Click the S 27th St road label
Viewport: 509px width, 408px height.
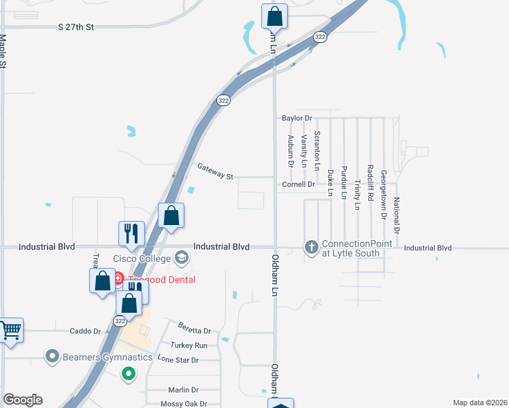[x=75, y=27]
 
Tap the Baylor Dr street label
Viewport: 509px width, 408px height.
[x=296, y=118]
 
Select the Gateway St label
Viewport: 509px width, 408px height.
[x=215, y=171]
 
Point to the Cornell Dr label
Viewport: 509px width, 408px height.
[x=298, y=184]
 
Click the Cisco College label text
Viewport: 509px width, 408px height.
[x=142, y=258]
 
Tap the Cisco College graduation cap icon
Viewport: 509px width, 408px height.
[x=182, y=258]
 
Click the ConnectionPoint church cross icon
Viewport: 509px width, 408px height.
[x=312, y=247]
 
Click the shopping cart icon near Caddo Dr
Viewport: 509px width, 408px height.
[x=10, y=331]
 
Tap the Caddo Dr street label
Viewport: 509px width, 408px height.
[x=85, y=331]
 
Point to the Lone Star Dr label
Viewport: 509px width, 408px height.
[x=178, y=359]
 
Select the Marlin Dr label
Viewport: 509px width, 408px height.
[x=183, y=390]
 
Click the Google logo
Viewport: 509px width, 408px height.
[x=22, y=400]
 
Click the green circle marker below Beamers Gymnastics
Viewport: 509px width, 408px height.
[x=127, y=373]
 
